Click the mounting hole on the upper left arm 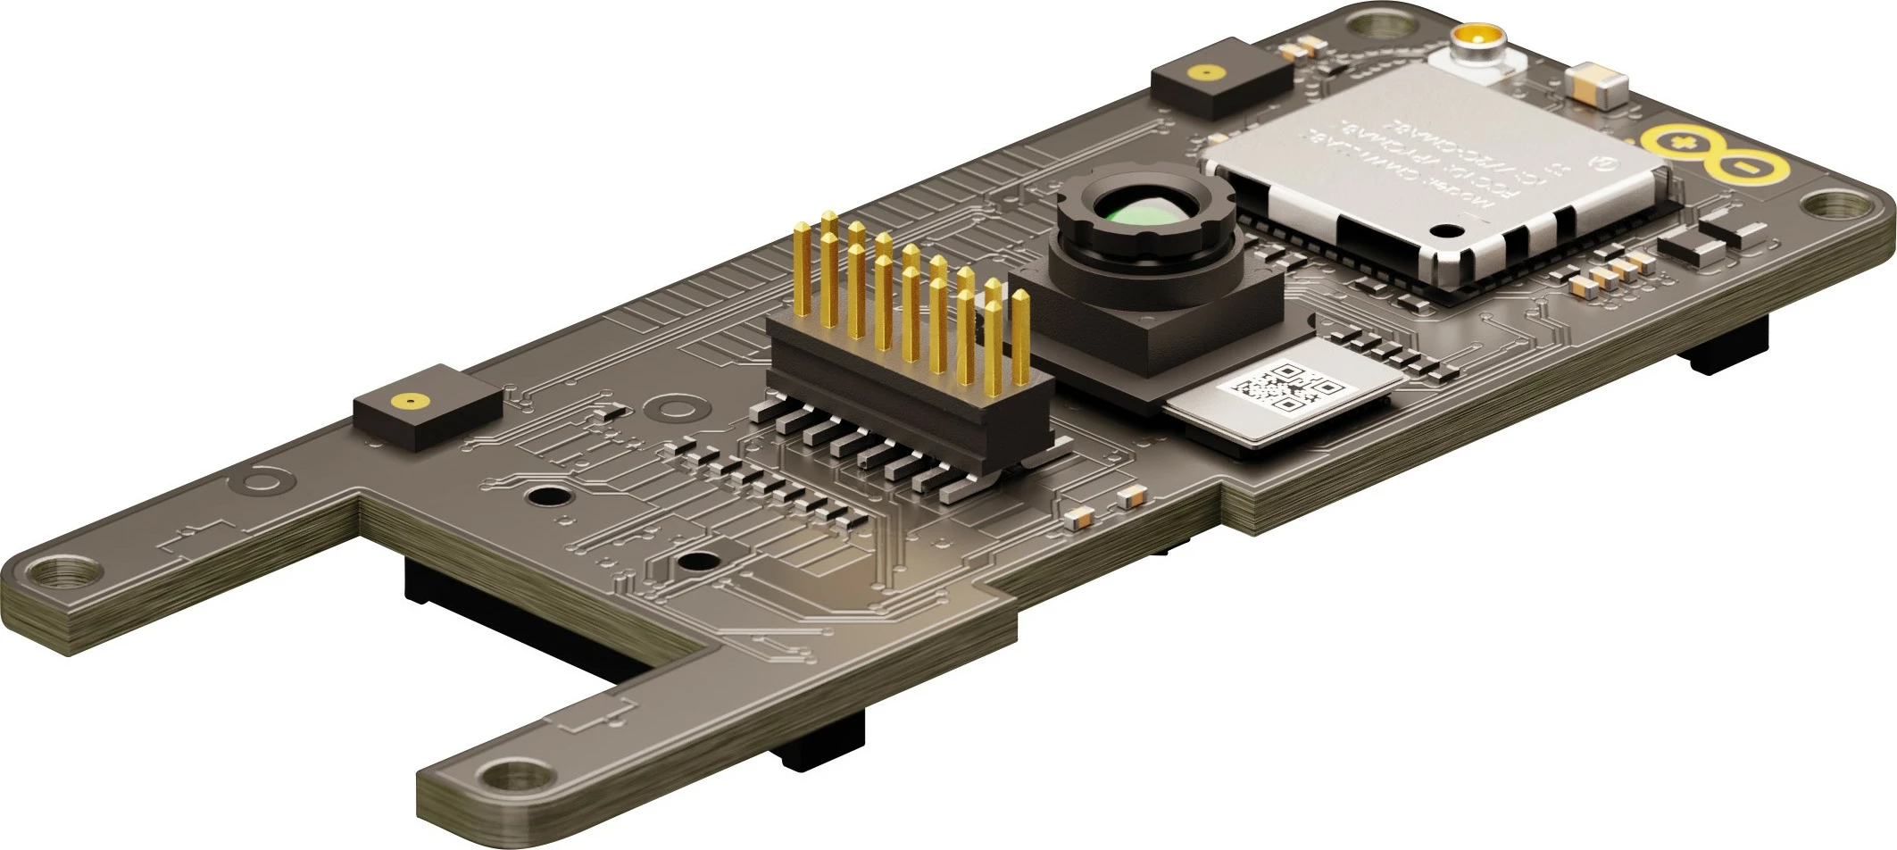point(57,571)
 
